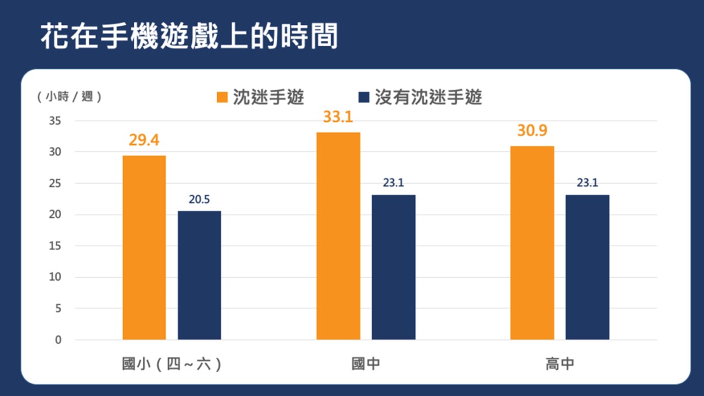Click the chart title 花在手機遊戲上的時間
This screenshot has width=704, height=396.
189,36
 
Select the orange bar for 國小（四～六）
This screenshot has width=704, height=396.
144,248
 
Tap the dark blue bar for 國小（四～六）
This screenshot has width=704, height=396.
199,275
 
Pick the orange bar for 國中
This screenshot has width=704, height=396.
338,236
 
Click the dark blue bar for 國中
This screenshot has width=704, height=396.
393,267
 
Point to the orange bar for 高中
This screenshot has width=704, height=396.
532,243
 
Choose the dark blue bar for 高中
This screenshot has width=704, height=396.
587,267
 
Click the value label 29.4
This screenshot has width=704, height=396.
144,140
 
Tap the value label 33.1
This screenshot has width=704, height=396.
338,117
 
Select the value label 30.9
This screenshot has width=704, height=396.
532,131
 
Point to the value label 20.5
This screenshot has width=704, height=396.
199,200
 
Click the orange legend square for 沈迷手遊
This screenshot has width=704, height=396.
222,97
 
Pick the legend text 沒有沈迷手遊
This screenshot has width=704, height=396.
428,97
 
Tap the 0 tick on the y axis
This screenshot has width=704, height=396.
58,340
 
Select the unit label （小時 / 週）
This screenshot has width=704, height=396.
69,97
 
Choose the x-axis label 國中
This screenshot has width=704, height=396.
366,364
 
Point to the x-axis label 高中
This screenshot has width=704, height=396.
560,364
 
